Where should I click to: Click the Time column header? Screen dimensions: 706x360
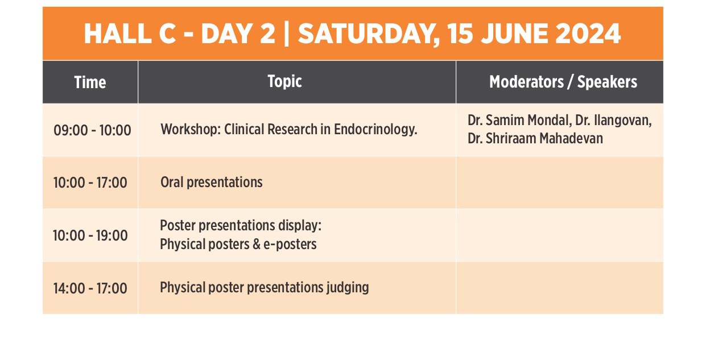point(90,82)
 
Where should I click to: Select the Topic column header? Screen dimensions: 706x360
point(284,81)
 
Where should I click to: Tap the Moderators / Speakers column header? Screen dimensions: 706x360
point(563,82)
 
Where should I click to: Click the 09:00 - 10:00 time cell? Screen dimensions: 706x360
point(92,130)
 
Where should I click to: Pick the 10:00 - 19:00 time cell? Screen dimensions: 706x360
point(90,235)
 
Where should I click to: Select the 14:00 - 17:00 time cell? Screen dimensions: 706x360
point(90,288)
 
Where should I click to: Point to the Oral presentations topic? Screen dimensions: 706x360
point(211,183)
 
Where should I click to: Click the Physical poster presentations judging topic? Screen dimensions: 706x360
point(264,288)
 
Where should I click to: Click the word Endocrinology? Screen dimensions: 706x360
point(375,130)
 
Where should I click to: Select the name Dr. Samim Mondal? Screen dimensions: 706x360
point(519,121)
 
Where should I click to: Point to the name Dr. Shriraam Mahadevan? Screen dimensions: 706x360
point(535,139)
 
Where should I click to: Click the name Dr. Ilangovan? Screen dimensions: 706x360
point(613,121)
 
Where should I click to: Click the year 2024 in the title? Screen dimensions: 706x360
point(588,34)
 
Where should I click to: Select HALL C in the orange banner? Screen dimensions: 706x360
point(130,34)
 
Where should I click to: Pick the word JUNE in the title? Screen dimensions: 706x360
point(515,34)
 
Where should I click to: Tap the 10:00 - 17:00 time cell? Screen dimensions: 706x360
point(90,183)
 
